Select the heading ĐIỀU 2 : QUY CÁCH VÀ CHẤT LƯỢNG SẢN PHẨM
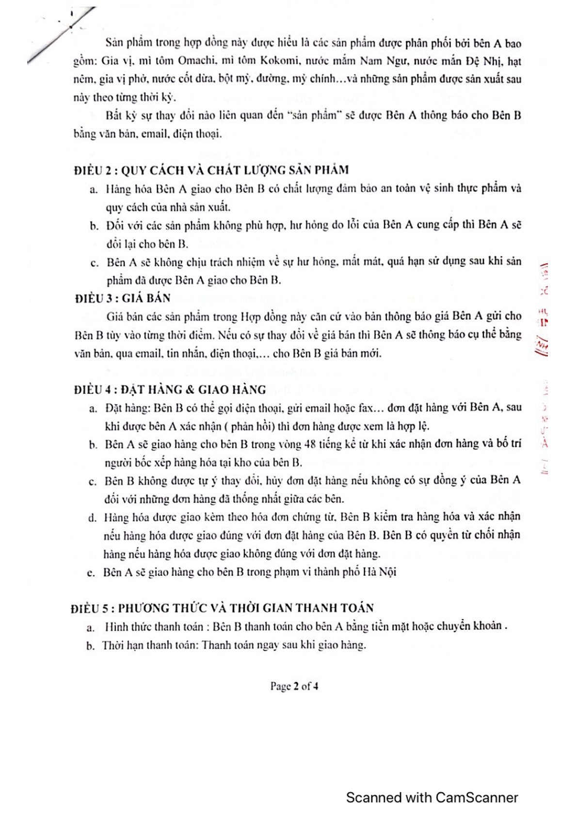click(211, 170)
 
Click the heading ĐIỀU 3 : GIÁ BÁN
click(123, 298)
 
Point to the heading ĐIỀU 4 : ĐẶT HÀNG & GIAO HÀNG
click(170, 390)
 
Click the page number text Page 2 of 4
click(294, 686)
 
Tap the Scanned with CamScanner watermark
click(432, 798)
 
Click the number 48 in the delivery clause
click(311, 444)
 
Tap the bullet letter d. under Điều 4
click(92, 518)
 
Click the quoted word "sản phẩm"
click(315, 116)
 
